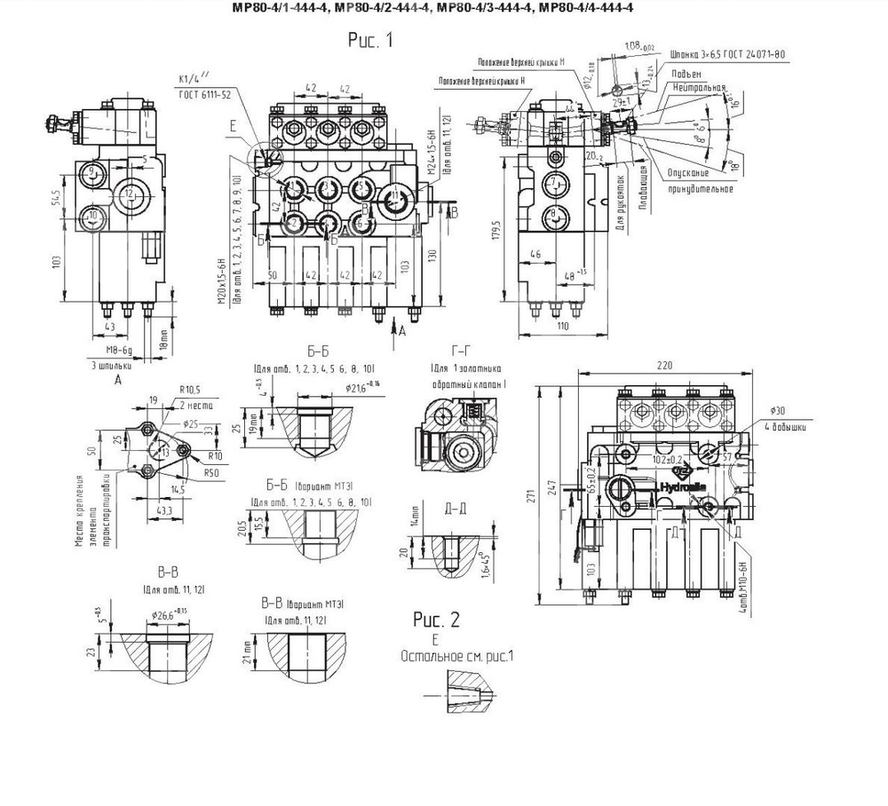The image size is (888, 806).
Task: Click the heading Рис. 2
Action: (x=437, y=618)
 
